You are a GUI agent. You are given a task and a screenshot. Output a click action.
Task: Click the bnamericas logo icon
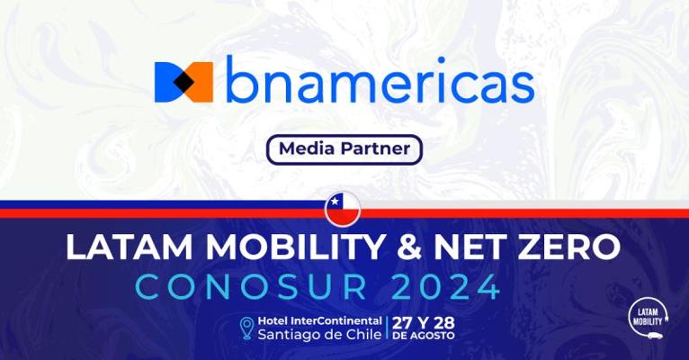183,82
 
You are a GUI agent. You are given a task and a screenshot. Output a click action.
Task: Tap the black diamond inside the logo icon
183,82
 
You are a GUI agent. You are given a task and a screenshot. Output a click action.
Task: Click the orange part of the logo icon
201,82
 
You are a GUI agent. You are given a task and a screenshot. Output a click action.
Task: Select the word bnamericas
380,80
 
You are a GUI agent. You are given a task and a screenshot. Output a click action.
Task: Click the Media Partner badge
344,149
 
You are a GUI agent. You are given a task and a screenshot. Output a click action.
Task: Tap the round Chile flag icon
343,209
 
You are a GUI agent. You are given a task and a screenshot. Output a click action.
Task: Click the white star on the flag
335,202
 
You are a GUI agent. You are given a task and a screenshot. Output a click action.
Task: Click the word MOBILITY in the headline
296,247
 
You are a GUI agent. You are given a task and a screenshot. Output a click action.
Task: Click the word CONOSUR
251,287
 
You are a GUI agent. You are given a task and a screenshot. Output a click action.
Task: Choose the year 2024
446,287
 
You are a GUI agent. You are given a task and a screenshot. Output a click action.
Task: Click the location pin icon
246,328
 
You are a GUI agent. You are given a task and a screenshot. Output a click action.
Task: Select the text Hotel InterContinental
320,321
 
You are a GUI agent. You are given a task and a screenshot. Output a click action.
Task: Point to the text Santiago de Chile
319,335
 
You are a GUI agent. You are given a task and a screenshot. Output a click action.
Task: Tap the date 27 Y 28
424,323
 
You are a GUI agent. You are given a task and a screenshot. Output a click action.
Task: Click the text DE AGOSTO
424,336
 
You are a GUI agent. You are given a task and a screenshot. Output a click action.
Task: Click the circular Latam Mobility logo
648,318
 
